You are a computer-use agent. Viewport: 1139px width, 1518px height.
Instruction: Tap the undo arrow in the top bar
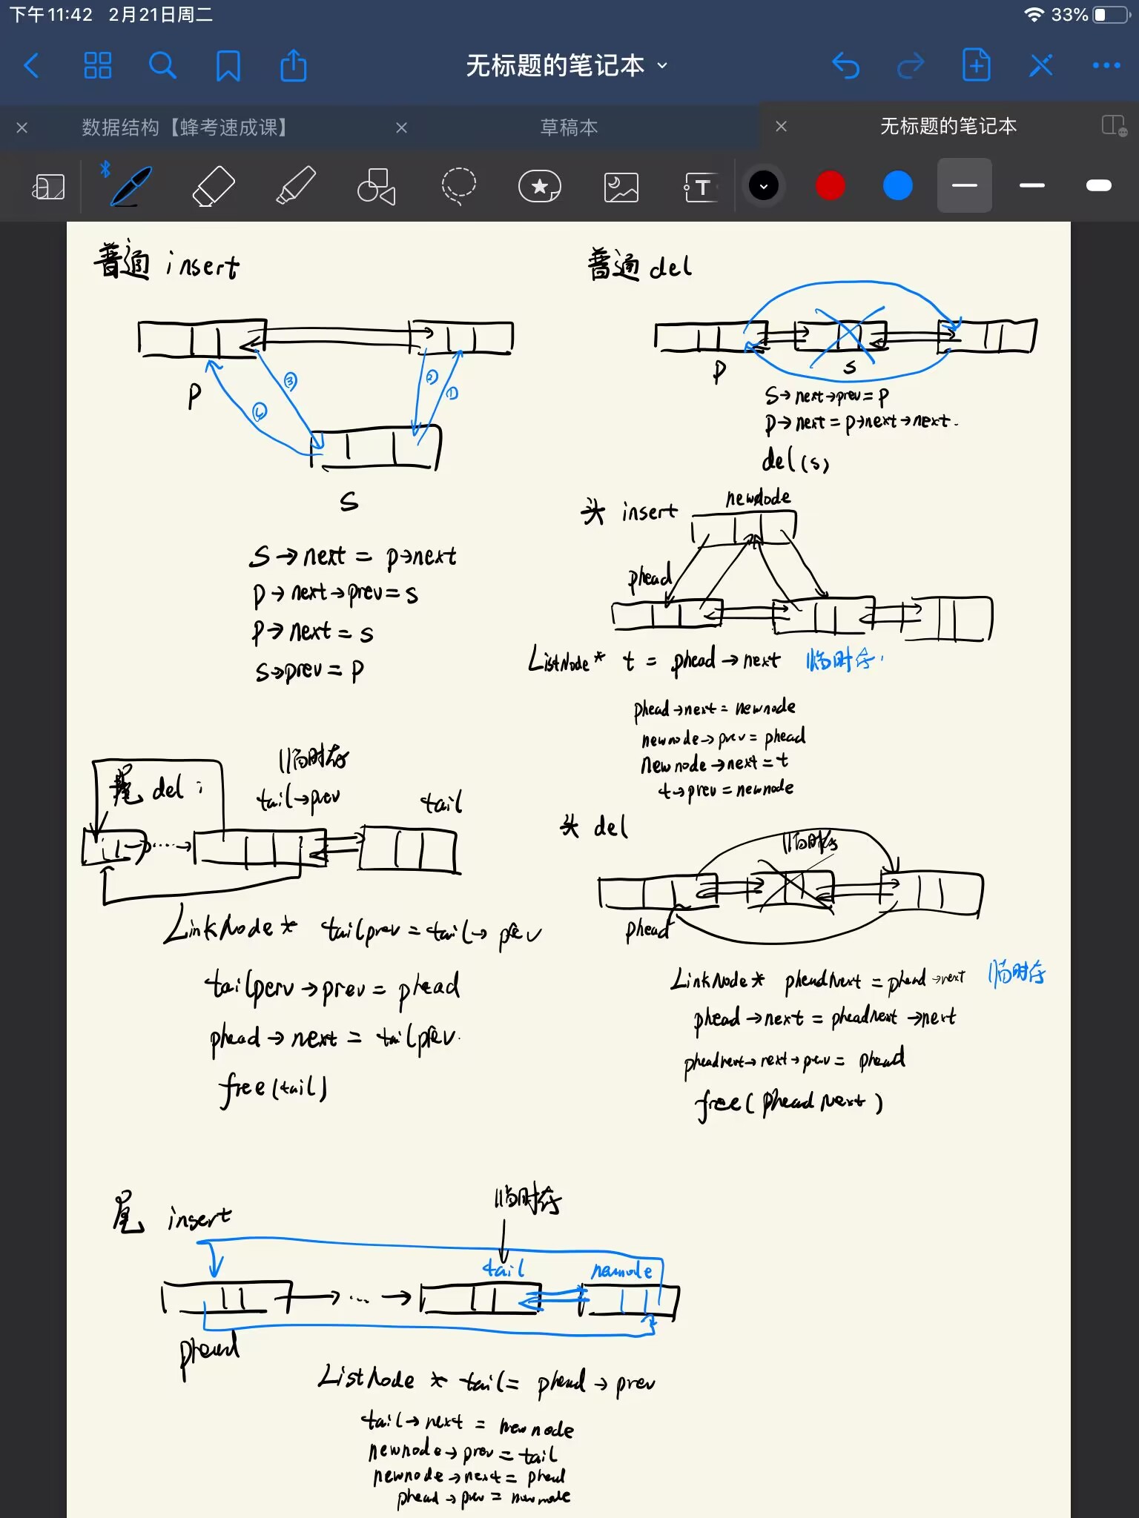pyautogui.click(x=845, y=66)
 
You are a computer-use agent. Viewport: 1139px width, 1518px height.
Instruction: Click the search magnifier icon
pyautogui.click(x=162, y=66)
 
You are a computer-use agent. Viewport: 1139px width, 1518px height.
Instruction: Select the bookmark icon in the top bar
pyautogui.click(x=228, y=66)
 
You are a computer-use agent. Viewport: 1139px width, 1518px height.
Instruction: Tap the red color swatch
pyautogui.click(x=830, y=185)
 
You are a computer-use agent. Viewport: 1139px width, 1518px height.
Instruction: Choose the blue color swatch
pyautogui.click(x=897, y=185)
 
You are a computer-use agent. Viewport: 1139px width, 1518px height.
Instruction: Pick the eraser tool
pyautogui.click(x=214, y=185)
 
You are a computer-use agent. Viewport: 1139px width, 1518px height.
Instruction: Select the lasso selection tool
pyautogui.click(x=458, y=185)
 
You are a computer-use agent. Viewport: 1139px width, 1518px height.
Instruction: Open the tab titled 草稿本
pyautogui.click(x=569, y=127)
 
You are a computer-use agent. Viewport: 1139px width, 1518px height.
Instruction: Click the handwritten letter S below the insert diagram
pyautogui.click(x=349, y=502)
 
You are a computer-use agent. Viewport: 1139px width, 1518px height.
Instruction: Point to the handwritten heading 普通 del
pyautogui.click(x=639, y=265)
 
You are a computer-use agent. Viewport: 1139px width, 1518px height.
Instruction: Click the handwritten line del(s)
pyautogui.click(x=795, y=461)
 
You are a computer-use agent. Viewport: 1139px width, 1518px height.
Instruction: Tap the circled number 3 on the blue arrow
pyautogui.click(x=290, y=382)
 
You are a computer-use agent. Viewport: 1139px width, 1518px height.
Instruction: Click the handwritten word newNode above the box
pyautogui.click(x=758, y=498)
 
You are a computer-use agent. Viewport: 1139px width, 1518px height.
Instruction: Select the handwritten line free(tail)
pyautogui.click(x=273, y=1088)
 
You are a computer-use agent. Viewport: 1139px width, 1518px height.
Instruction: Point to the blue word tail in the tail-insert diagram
pyautogui.click(x=504, y=1269)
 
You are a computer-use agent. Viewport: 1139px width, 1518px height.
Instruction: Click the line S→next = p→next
pyautogui.click(x=353, y=556)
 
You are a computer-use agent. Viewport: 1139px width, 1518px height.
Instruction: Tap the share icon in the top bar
pyautogui.click(x=294, y=66)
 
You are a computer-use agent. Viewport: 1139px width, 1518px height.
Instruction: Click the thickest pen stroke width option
pyautogui.click(x=1098, y=185)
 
